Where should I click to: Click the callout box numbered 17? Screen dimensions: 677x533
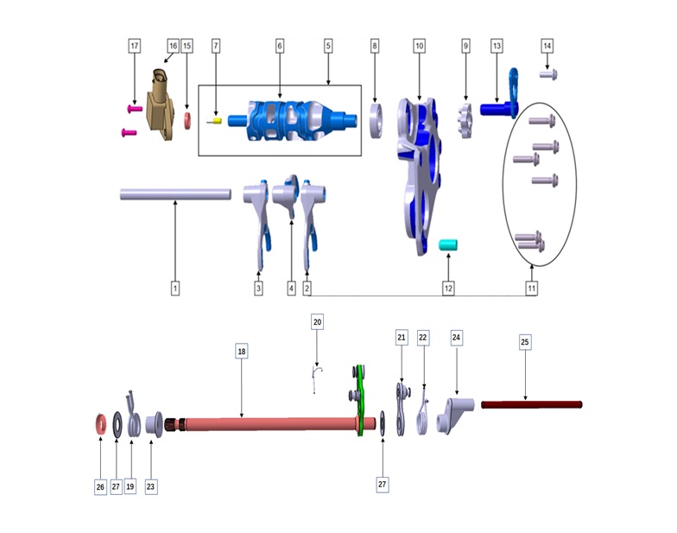pos(135,46)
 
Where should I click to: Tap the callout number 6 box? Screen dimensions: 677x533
pos(280,46)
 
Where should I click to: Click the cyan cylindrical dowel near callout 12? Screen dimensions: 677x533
pos(448,245)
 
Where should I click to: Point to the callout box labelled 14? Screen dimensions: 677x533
pos(547,46)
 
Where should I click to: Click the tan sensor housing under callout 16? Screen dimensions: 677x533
pos(161,105)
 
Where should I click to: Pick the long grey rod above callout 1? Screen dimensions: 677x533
pos(175,194)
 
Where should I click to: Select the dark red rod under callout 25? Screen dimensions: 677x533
pos(532,404)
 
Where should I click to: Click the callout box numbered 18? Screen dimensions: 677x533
pos(242,351)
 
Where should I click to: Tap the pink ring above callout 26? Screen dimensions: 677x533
pos(100,423)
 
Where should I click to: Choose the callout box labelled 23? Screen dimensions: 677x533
pos(150,487)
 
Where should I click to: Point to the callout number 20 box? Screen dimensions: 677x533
pos(318,322)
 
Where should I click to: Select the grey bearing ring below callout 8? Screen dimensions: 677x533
pos(376,121)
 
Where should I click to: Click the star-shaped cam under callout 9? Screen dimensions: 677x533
pos(465,121)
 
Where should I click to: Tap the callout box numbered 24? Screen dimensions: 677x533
pos(456,337)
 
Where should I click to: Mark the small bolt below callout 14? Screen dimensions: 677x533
pos(548,74)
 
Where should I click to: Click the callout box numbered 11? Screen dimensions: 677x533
pos(532,289)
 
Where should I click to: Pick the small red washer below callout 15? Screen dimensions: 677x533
pos(187,121)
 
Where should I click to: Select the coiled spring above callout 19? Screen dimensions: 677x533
pos(133,416)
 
